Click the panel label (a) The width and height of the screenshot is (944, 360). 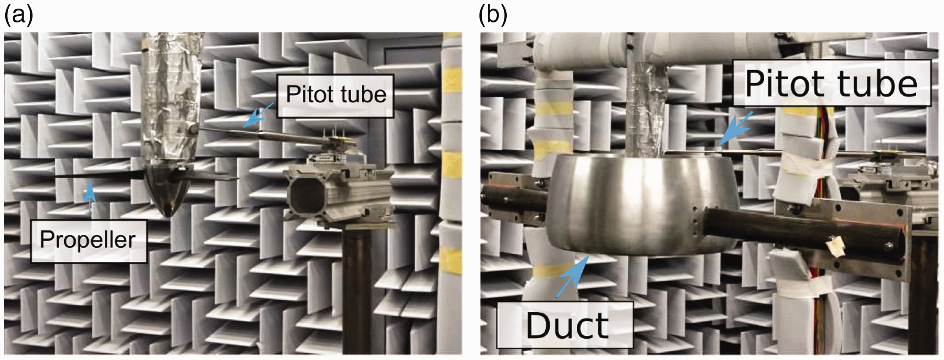point(18,16)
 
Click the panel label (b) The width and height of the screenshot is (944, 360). point(493,16)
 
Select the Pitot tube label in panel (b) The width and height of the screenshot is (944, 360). point(831,84)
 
